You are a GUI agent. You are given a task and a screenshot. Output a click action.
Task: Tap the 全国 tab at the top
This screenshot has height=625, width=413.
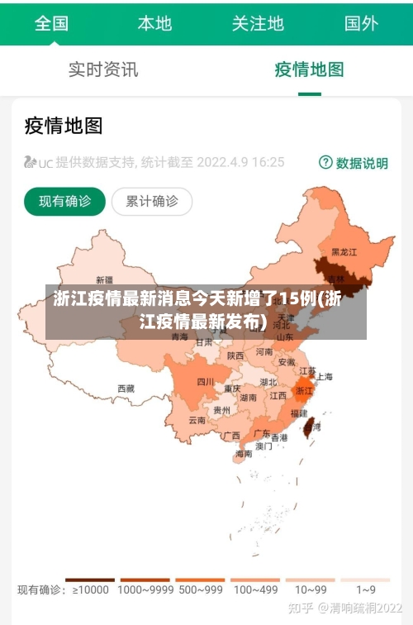[x=51, y=23]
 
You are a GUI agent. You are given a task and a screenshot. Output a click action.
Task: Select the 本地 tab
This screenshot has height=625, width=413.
[x=154, y=23]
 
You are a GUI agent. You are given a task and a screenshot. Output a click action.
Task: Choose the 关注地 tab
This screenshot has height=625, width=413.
[x=258, y=23]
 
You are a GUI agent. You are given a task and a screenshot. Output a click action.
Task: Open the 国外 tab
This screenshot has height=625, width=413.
[x=361, y=23]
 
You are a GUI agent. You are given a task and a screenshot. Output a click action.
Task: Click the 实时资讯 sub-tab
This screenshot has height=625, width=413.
[x=103, y=69]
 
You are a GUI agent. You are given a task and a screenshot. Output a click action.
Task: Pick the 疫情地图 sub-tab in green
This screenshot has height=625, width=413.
[x=309, y=69]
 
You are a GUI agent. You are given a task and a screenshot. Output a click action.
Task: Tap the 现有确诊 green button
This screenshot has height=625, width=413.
[x=64, y=201]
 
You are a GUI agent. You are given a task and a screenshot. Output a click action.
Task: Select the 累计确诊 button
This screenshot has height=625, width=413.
[x=151, y=201]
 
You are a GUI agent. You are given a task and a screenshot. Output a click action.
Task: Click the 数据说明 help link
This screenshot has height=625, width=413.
[x=354, y=163]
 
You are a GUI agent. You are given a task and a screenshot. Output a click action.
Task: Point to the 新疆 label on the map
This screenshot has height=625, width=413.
[x=105, y=279]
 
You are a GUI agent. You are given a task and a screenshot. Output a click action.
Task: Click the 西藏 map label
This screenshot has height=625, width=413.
[x=126, y=388]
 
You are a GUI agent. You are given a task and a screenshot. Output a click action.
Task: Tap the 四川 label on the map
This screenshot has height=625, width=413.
[x=206, y=381]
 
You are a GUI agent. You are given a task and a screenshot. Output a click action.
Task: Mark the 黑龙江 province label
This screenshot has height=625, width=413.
[x=344, y=251]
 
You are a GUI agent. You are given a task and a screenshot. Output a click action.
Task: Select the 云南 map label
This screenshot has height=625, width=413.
[x=197, y=420]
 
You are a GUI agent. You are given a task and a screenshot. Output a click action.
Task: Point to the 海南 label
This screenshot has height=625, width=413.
[x=244, y=453]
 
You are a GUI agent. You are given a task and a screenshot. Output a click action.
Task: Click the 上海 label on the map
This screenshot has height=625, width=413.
[x=324, y=376]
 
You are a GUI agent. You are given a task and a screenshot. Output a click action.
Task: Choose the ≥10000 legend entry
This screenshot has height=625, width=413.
[x=90, y=589]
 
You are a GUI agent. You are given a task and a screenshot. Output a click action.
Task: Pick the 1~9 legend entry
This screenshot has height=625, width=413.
[x=366, y=589]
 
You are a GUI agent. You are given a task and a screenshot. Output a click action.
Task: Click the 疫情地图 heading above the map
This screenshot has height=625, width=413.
[x=64, y=126]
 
